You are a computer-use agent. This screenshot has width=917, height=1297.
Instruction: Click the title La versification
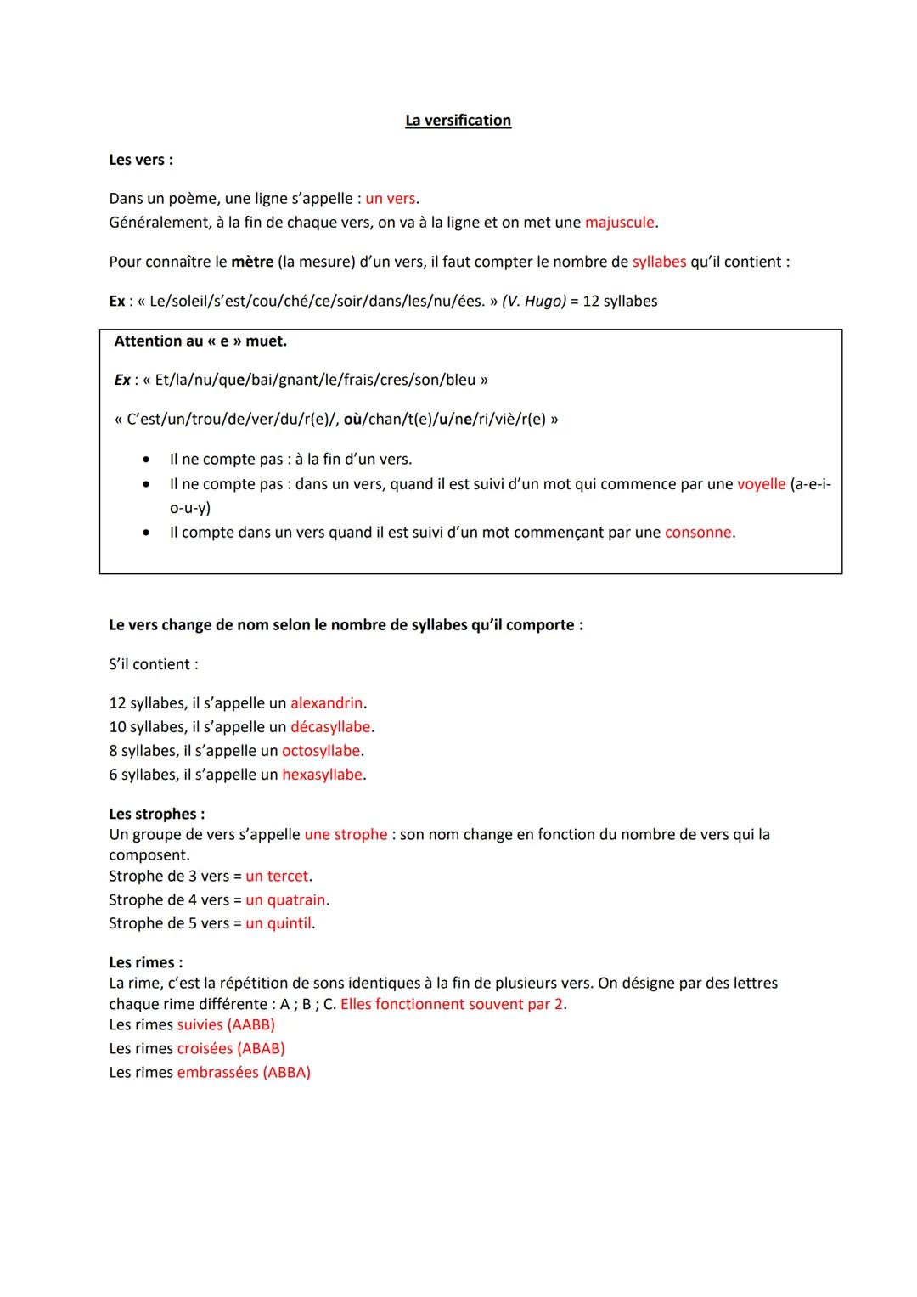[458, 121]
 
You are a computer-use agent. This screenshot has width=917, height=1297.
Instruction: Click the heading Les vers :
[141, 160]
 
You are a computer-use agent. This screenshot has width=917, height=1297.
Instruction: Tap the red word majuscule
[620, 223]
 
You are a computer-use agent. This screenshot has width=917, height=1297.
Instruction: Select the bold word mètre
[252, 262]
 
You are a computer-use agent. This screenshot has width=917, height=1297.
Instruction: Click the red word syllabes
[659, 262]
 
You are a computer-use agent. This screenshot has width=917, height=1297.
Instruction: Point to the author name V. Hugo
[534, 302]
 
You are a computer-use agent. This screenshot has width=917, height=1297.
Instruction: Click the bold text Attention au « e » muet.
[200, 341]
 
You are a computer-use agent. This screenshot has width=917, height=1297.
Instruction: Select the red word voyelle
[761, 484]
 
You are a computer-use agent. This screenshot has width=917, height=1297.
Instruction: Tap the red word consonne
[698, 533]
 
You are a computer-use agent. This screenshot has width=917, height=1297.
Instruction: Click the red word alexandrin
[327, 703]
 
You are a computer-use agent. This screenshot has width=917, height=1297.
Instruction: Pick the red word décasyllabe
[330, 727]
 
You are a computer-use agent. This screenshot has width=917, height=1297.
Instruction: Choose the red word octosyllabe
[321, 751]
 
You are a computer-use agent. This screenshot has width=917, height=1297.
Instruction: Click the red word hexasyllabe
[323, 775]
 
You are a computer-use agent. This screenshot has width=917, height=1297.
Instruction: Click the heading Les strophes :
[157, 814]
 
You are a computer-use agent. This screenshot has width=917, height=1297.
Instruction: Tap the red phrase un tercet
[278, 876]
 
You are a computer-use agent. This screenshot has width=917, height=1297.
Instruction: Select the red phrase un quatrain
[286, 899]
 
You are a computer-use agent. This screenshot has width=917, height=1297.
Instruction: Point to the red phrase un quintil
[278, 923]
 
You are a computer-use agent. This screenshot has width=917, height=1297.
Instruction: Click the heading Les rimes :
[146, 962]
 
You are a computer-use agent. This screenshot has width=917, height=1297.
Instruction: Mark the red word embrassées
[217, 1073]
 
